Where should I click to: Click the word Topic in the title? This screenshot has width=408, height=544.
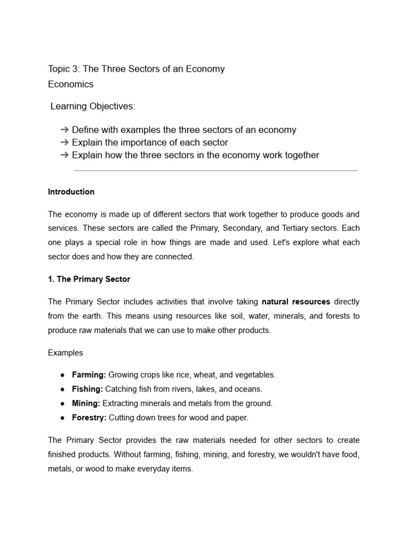tap(59, 69)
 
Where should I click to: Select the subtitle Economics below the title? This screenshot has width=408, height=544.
tap(71, 84)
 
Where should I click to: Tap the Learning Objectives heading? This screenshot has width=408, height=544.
tap(93, 107)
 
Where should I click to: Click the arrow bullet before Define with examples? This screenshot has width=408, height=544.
tap(65, 130)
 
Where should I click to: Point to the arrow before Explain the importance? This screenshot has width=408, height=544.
tap(65, 143)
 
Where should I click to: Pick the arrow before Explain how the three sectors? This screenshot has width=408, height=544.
tap(65, 156)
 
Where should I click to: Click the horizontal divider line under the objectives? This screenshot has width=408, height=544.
tap(216, 171)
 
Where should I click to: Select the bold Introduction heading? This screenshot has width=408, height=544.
tap(71, 192)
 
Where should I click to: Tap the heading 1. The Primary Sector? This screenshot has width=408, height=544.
tap(89, 279)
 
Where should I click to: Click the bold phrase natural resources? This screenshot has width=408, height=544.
tap(296, 302)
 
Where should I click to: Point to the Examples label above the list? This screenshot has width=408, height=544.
tap(65, 353)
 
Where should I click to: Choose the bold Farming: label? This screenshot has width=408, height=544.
tap(89, 375)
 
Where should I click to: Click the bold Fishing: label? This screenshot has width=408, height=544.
tap(88, 389)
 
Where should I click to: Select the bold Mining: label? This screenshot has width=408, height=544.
tap(86, 404)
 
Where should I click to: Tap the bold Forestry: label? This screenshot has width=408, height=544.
tap(89, 418)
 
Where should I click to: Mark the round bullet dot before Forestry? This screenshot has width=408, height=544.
tap(63, 418)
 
